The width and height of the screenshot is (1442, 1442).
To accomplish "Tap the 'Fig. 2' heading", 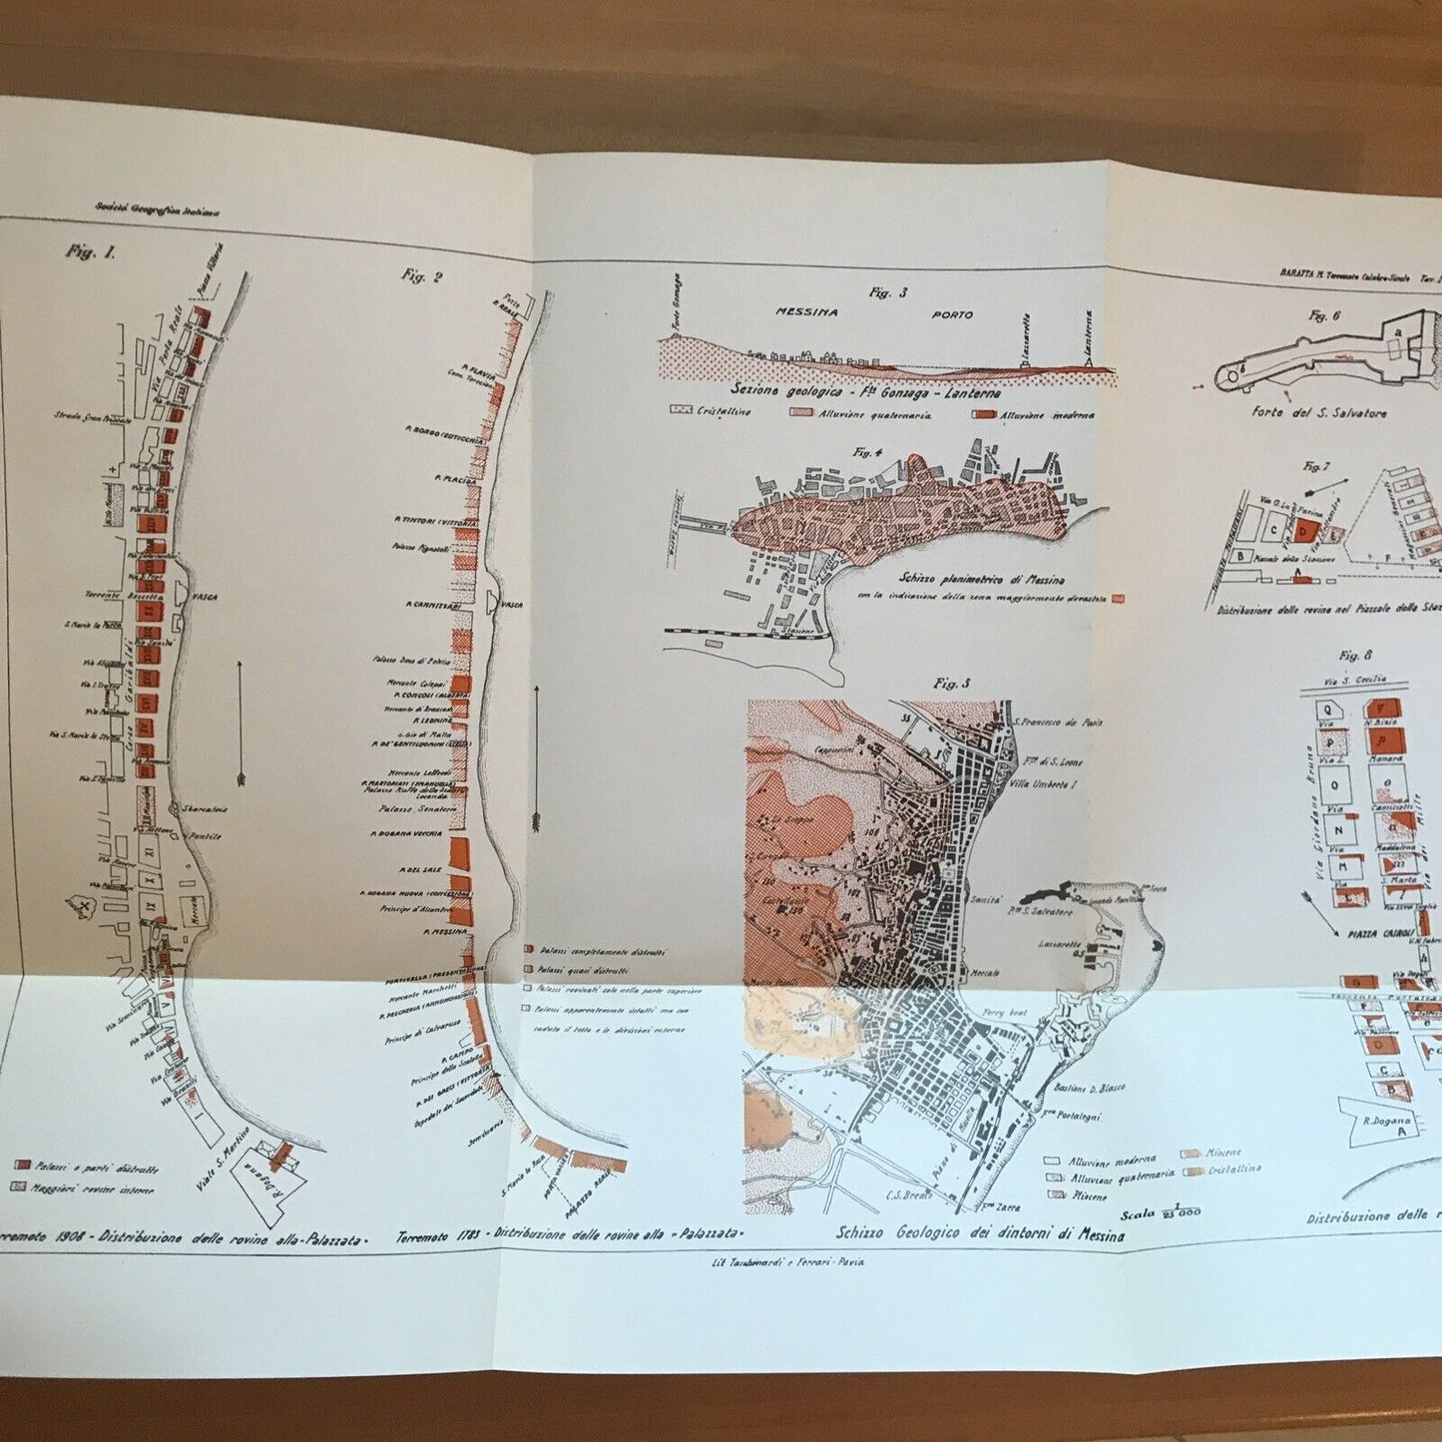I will [x=421, y=275].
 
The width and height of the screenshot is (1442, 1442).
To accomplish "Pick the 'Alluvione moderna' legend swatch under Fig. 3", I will [x=986, y=413].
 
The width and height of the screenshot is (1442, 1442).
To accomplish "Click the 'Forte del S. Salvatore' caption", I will [x=1317, y=412].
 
